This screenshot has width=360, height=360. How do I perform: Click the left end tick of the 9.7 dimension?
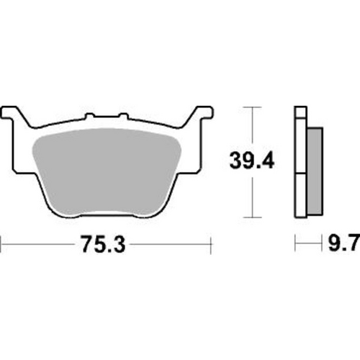(295, 246)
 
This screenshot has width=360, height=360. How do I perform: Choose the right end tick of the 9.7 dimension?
(322, 246)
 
